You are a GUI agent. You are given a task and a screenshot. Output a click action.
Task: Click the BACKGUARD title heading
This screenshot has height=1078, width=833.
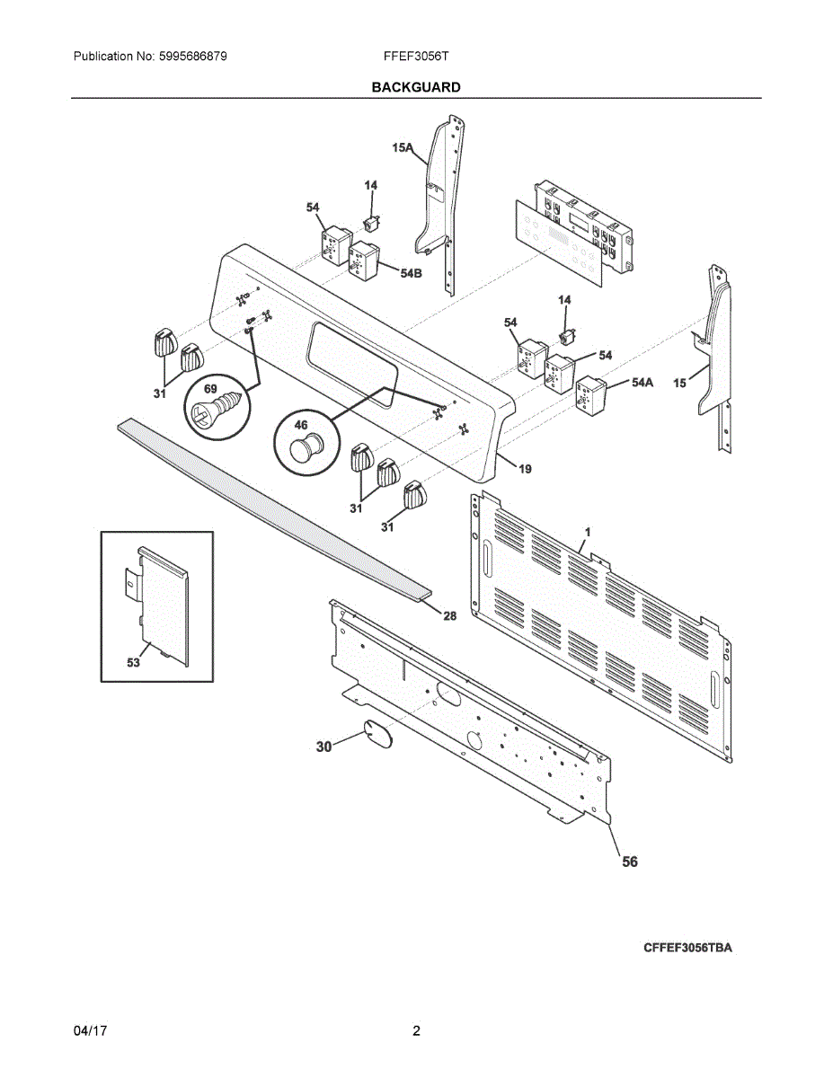coord(416,87)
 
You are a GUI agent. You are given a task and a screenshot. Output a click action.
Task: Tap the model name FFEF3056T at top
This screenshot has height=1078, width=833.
coord(415,57)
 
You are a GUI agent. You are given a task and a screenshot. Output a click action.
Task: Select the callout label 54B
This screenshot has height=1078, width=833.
coord(411,272)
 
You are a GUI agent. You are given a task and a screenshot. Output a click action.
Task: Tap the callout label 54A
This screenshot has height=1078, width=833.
coord(642,382)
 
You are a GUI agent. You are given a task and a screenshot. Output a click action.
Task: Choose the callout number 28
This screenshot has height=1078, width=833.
coord(449,615)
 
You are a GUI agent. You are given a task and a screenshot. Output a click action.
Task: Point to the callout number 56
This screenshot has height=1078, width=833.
coord(630,862)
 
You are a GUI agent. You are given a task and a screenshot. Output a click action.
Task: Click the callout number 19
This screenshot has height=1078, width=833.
coord(525,468)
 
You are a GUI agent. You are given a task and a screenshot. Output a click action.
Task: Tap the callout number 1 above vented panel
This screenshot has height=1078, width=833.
coord(587,533)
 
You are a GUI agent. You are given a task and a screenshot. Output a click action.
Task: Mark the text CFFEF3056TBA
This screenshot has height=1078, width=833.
coord(687,948)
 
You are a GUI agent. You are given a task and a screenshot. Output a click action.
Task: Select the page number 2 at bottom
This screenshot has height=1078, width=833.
coord(416,1031)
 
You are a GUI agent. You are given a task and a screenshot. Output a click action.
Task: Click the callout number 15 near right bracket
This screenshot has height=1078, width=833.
coord(680,384)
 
